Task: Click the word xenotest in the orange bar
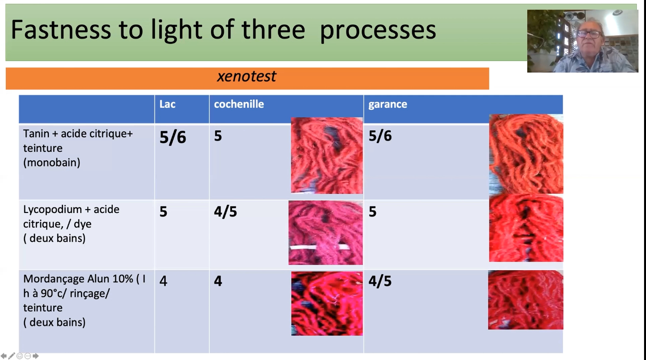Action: pos(247,77)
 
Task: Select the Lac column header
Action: pos(167,104)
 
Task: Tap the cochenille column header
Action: pos(239,104)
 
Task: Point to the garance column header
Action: pos(388,105)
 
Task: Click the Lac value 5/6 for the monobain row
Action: pos(173,137)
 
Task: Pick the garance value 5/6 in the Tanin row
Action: pos(380,136)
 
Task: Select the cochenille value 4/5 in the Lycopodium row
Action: pos(225,212)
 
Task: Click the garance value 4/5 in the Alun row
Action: pos(380,281)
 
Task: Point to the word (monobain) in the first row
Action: pos(52,163)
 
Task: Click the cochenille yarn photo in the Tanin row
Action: pos(327,155)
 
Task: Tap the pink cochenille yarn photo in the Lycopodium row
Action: pos(325,233)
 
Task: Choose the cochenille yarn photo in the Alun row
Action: pos(327,303)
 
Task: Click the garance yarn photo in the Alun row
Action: pos(525,300)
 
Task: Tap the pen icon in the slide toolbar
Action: pos(12,356)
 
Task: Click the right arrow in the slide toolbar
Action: pos(36,356)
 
